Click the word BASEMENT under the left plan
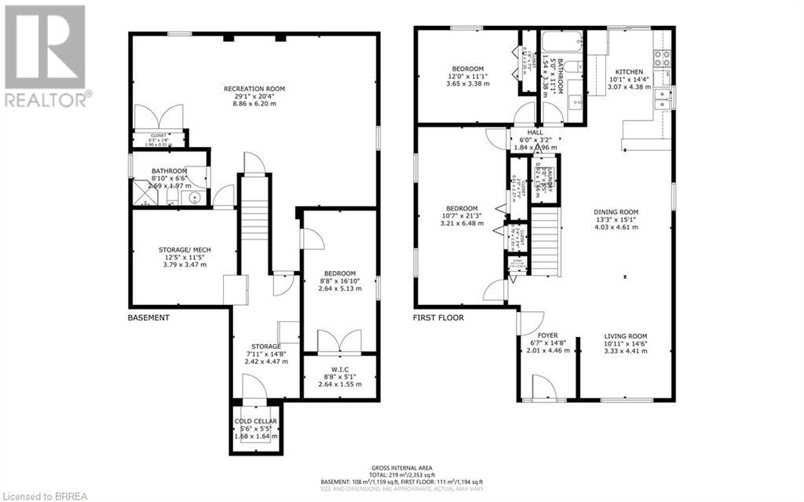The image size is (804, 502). tap(148, 318)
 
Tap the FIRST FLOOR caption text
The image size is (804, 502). tap(439, 318)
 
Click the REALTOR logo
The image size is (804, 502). tap(45, 55)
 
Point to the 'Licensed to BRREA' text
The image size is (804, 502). tap(47, 493)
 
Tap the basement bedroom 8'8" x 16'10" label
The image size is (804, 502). tap(340, 280)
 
